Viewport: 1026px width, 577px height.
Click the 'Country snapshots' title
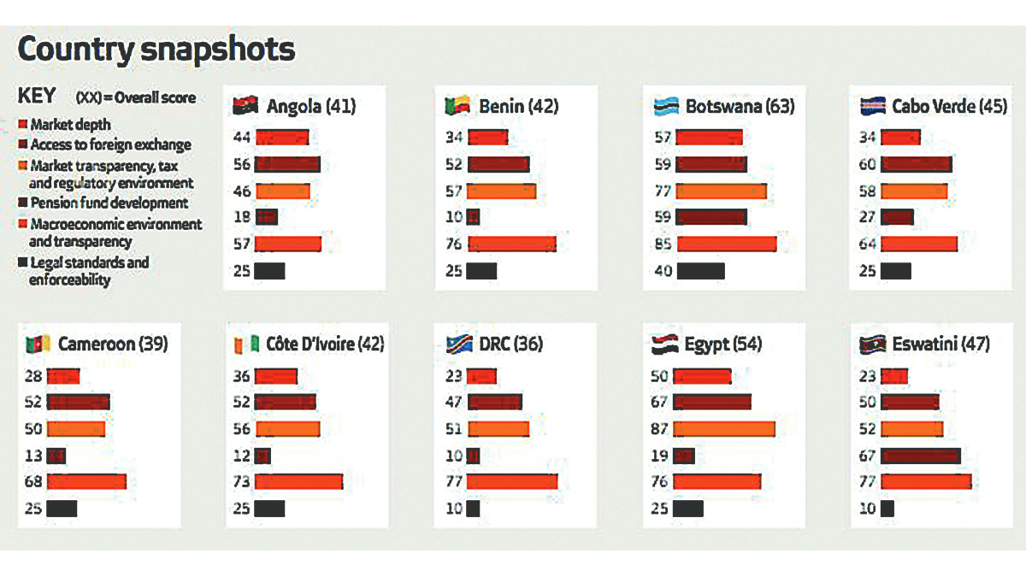tap(156, 49)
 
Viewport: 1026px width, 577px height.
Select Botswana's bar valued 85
tap(727, 244)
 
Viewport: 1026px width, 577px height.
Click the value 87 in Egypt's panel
tap(658, 428)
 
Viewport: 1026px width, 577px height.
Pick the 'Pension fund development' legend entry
tap(109, 203)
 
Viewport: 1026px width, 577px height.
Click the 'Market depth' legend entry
tap(70, 125)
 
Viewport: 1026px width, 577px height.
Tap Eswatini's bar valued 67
tap(920, 456)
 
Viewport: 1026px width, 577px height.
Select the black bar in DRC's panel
tap(473, 509)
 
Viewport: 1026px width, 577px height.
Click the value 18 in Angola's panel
tap(240, 217)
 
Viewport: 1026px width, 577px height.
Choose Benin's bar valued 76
tap(511, 244)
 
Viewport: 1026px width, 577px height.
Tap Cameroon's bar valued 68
tap(86, 482)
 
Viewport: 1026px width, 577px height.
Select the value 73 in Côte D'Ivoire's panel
tap(240, 482)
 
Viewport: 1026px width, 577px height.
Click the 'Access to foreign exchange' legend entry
tap(110, 145)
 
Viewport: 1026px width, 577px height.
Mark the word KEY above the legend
tap(37, 96)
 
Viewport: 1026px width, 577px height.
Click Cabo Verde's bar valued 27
tap(897, 217)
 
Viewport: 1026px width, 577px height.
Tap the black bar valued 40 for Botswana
tap(700, 271)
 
